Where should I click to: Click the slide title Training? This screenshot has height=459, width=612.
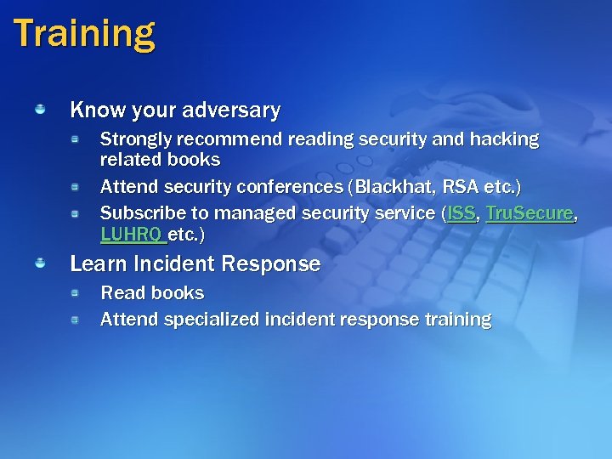tap(84, 34)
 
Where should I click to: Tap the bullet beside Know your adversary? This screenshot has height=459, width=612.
tap(40, 110)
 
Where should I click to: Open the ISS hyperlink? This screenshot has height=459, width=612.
tap(462, 213)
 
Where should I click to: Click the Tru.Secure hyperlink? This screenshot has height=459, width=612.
tap(530, 213)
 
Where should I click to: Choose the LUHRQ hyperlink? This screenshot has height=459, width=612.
tap(132, 234)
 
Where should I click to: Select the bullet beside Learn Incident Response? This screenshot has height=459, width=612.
tap(40, 264)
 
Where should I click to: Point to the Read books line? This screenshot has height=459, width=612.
tap(152, 293)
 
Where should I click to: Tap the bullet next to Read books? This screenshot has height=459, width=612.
tap(75, 292)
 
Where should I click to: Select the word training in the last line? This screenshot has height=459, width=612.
tap(458, 320)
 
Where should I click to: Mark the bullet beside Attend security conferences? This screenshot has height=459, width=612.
tap(75, 185)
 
